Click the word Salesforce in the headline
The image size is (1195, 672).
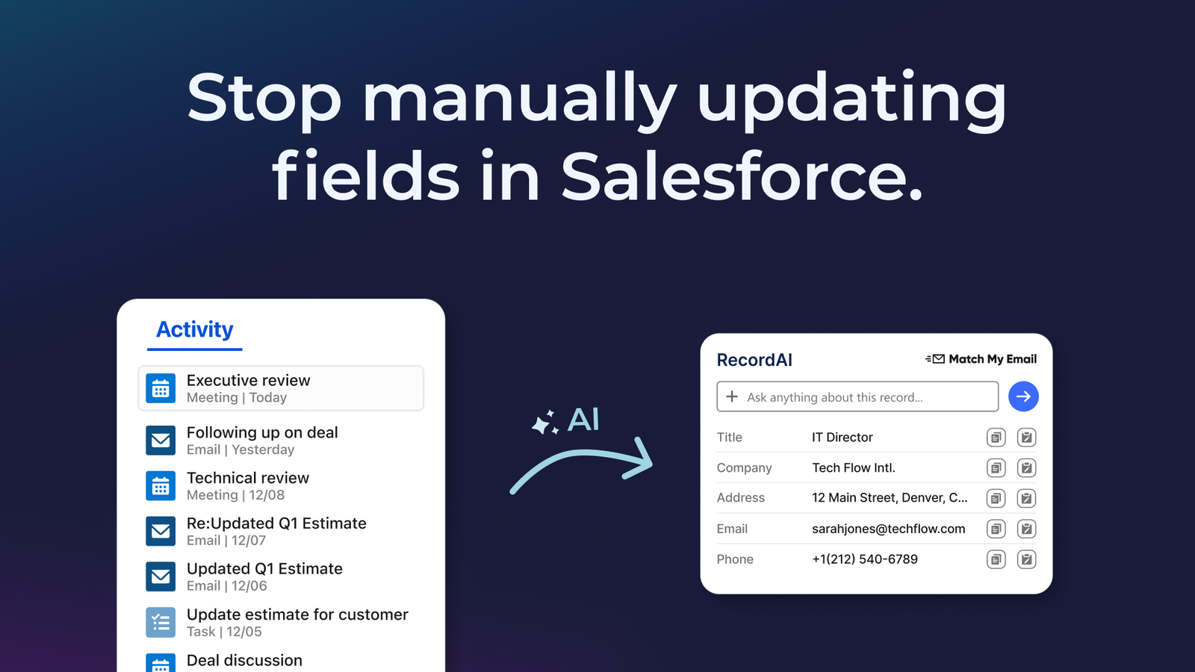(x=742, y=175)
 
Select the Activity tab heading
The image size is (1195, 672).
(x=195, y=329)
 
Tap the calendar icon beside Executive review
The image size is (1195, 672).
(x=161, y=388)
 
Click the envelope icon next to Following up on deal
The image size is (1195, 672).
(x=161, y=441)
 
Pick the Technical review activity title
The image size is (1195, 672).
(x=248, y=478)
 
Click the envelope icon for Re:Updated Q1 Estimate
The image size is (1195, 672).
(x=161, y=531)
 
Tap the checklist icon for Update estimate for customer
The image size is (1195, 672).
(x=161, y=623)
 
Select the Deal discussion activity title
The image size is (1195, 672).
(x=244, y=660)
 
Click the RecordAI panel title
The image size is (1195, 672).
(x=754, y=360)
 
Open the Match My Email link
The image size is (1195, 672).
(x=981, y=359)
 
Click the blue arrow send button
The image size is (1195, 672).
(x=1023, y=396)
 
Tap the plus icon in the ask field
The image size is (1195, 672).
(x=732, y=396)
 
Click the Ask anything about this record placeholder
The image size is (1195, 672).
(x=835, y=397)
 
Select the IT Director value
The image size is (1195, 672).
(x=842, y=438)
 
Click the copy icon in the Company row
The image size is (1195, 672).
(x=996, y=468)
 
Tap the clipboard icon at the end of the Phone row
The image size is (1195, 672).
(x=1026, y=559)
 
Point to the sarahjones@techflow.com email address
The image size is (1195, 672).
(x=889, y=529)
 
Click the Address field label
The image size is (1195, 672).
(x=740, y=497)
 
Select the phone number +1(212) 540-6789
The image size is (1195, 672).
(x=865, y=559)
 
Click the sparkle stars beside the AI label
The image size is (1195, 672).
(x=545, y=423)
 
